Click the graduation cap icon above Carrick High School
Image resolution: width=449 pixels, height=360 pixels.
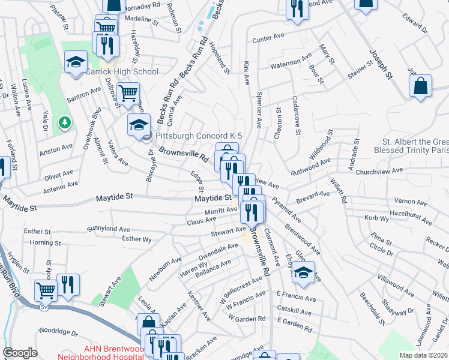76,62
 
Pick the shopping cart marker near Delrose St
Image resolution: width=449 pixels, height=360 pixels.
128,93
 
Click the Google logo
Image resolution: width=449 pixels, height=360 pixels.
20,353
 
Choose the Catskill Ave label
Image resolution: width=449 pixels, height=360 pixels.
294,313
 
